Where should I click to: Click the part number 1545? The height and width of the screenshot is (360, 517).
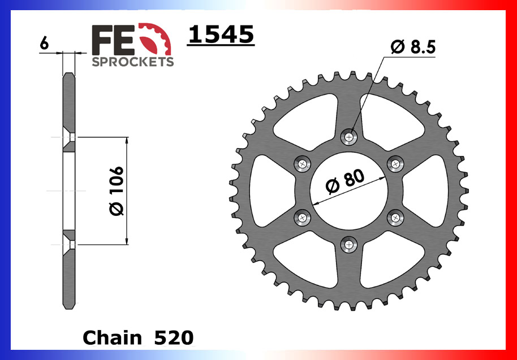click(221, 34)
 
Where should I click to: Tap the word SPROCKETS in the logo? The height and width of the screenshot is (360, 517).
click(132, 62)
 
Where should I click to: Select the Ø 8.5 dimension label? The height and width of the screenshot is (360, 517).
click(413, 48)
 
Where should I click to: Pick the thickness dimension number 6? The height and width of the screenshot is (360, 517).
click(45, 43)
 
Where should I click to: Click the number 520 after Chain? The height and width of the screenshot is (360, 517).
click(174, 338)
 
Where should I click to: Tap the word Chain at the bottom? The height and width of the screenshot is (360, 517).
click(113, 338)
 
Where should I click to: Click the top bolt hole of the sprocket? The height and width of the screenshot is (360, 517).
click(350, 136)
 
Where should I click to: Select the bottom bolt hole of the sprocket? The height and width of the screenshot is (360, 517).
click(350, 244)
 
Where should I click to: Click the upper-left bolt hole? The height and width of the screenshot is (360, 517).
click(303, 164)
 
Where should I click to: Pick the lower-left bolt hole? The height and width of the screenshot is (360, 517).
click(303, 217)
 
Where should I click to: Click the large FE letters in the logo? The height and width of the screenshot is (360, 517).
click(113, 40)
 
